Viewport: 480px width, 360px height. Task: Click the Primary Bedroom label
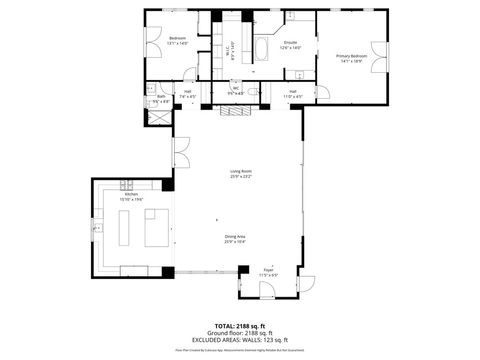click(352, 58)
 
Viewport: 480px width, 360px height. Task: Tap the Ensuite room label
click(290, 45)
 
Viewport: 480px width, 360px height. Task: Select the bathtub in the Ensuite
click(262, 49)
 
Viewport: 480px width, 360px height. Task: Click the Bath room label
click(160, 99)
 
